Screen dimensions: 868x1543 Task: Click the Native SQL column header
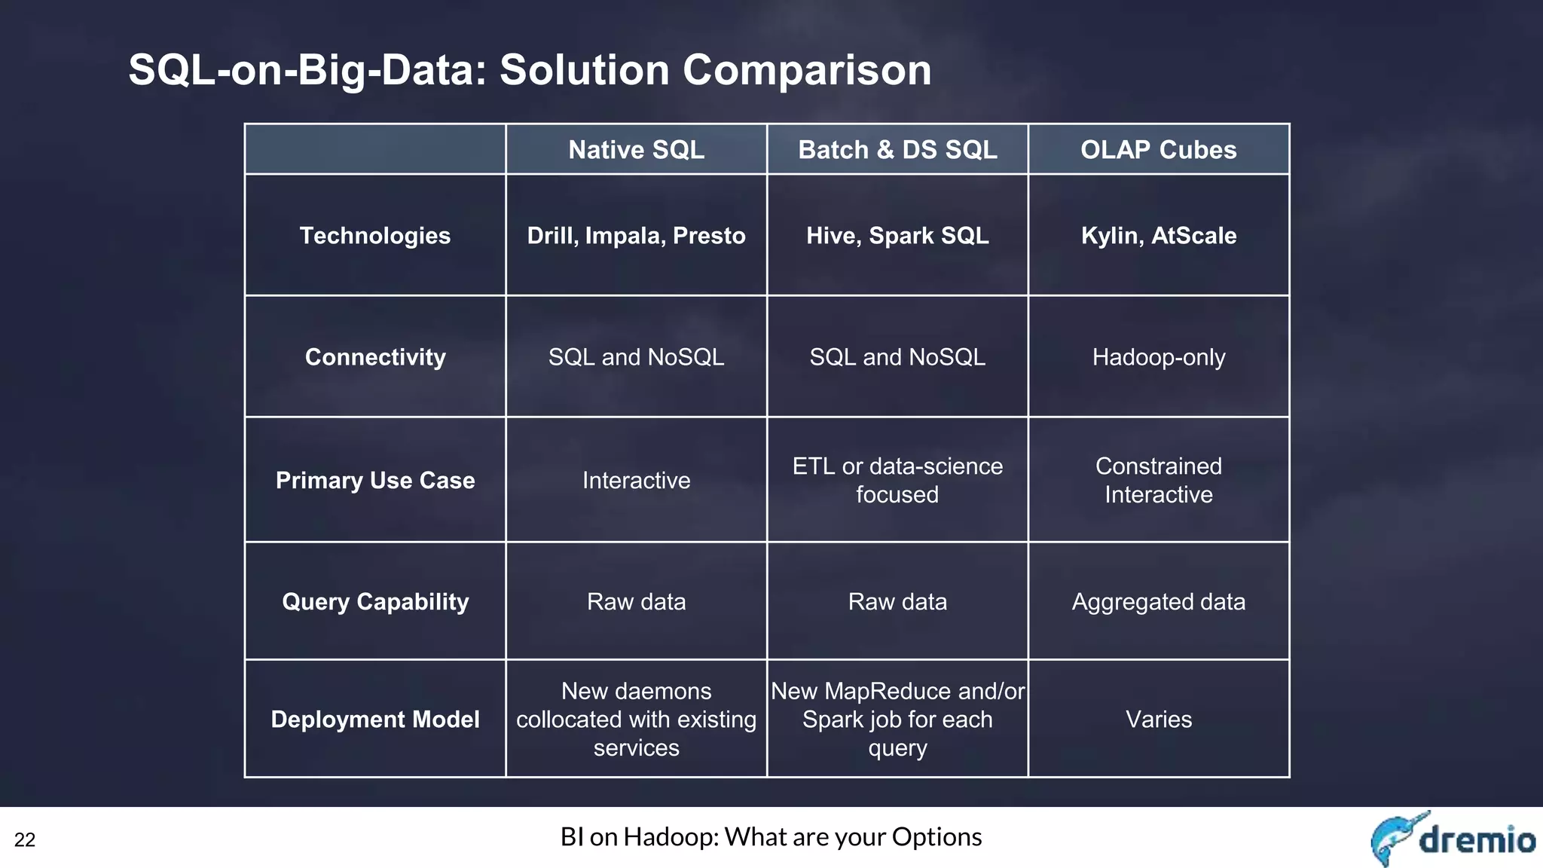click(636, 150)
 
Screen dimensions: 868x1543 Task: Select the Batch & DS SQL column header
click(897, 150)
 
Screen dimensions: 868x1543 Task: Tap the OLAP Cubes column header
click(1158, 150)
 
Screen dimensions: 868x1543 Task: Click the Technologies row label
click(374, 236)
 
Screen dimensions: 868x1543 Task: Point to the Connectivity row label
click(374, 357)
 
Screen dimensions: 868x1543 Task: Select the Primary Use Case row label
click(374, 481)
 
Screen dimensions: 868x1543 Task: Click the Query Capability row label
click(374, 602)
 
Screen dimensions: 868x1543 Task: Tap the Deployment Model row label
click(374, 720)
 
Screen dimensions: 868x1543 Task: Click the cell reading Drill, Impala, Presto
click(636, 236)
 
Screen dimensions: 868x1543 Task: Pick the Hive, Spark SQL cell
click(897, 236)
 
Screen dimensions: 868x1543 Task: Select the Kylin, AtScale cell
click(1158, 236)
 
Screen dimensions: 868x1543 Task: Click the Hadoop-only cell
click(1158, 357)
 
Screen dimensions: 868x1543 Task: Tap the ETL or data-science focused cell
click(897, 481)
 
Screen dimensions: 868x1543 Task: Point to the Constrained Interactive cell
click(1158, 481)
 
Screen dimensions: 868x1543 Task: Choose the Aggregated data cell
click(1158, 602)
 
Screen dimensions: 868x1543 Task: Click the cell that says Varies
click(1158, 720)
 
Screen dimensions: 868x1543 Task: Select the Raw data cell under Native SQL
click(636, 602)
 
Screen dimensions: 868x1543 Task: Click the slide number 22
click(25, 840)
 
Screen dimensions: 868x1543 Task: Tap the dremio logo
click(1452, 839)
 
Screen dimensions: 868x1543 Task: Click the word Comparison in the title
click(807, 70)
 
